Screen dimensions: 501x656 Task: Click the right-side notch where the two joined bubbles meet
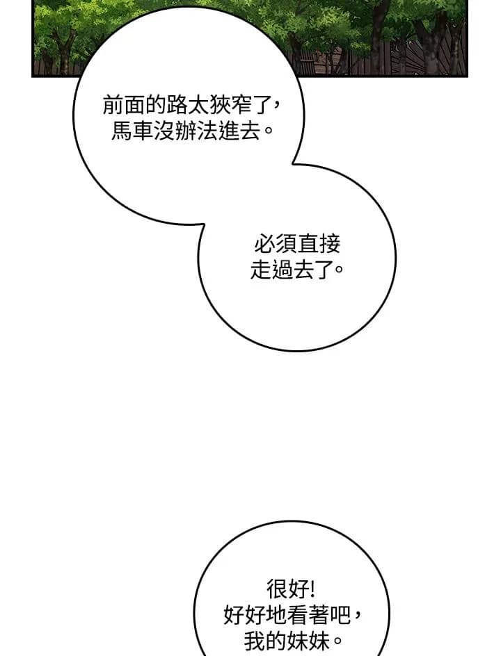click(293, 163)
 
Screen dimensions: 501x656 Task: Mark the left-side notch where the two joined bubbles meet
click(203, 225)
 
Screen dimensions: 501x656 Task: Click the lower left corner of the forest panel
click(33, 76)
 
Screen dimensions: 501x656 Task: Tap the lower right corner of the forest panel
click(467, 76)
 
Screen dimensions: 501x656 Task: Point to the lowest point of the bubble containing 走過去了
click(296, 350)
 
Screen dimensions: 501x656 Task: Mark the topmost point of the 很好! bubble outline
click(292, 521)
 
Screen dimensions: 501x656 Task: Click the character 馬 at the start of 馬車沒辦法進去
click(122, 131)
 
